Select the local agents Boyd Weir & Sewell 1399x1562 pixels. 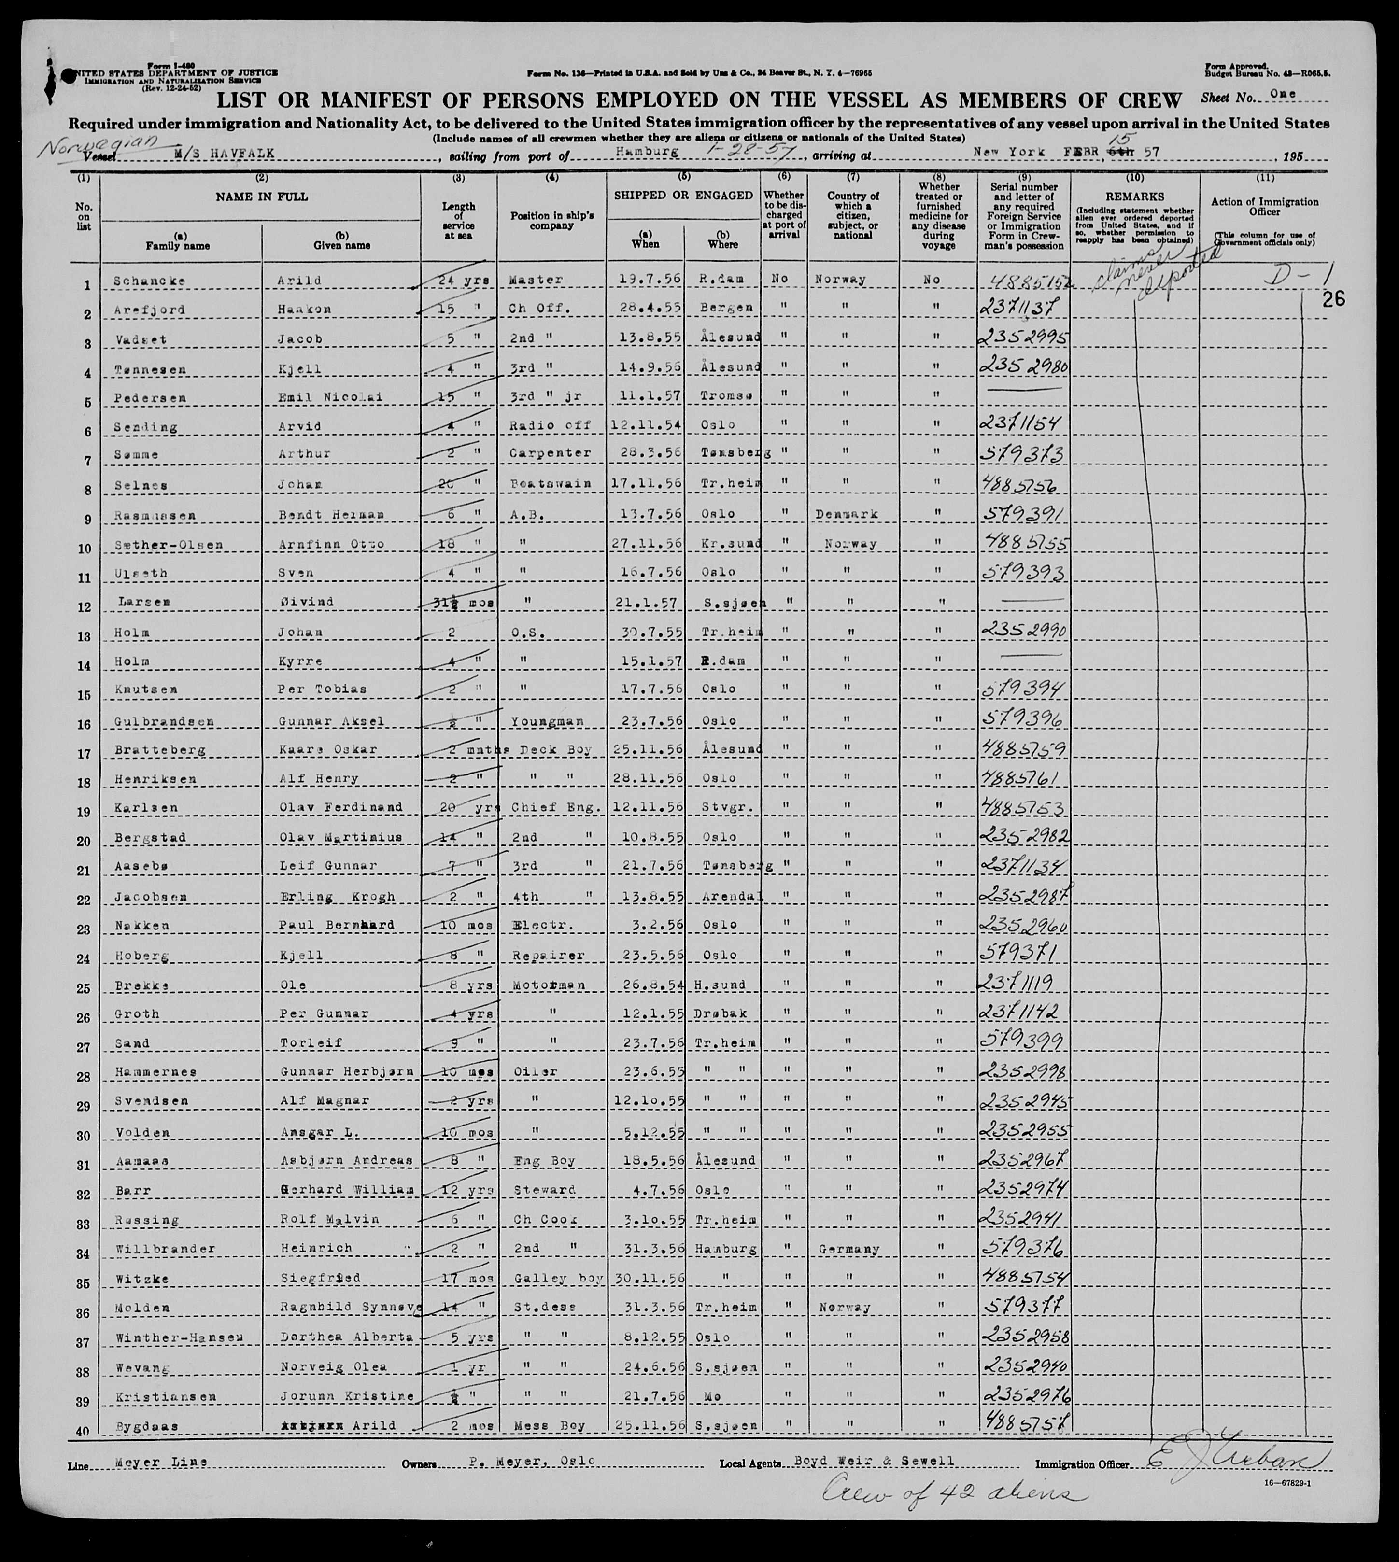[895, 1461]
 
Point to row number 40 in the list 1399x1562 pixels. [83, 1431]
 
